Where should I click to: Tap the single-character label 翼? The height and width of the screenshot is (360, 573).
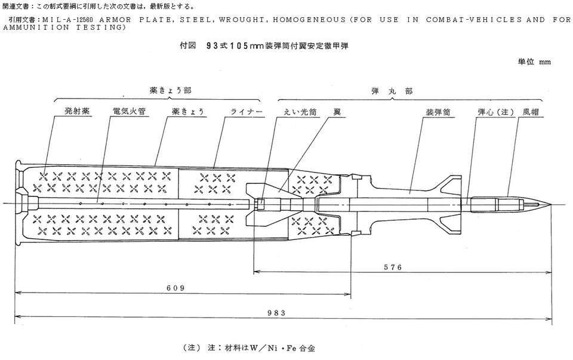(337, 112)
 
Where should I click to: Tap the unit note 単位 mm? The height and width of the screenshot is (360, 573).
(535, 61)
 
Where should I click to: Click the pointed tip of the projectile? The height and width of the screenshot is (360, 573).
(550, 204)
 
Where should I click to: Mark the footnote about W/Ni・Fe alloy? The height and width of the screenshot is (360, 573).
(257, 346)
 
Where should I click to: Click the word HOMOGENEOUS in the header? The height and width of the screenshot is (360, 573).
(310, 20)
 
